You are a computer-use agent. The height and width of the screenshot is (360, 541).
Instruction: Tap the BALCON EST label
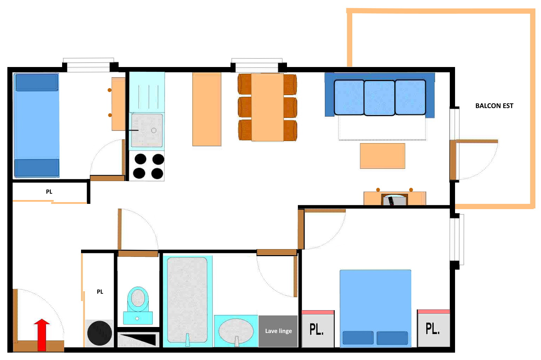point(494,106)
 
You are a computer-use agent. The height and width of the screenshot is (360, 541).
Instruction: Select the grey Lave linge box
point(278,331)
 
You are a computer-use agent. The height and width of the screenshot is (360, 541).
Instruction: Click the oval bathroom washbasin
point(236,331)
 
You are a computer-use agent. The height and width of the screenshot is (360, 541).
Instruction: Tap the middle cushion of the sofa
point(379,98)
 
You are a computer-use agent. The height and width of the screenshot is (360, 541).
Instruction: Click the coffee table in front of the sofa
point(382,156)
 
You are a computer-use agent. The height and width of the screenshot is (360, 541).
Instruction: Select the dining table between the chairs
point(267,107)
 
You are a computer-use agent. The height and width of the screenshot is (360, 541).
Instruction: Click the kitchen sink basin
point(147,130)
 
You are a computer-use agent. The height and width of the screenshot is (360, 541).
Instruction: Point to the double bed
point(375,308)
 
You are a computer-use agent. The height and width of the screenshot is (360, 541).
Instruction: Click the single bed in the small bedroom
point(37,125)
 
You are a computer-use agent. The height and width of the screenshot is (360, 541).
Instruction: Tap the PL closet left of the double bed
point(318,329)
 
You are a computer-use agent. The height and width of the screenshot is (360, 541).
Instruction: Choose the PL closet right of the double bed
point(434,328)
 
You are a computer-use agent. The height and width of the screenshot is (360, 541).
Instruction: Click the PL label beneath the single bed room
point(49,192)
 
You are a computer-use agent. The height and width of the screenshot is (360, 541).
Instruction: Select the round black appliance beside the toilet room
point(100,333)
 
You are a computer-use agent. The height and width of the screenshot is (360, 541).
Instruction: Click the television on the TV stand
point(395,200)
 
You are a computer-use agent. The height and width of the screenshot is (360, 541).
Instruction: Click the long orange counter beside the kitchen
point(207,109)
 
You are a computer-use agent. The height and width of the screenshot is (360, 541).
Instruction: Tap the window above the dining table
point(257,65)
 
